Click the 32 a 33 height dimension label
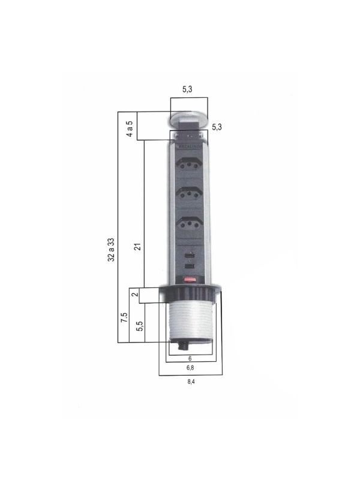[x=112, y=250]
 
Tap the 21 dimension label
[x=138, y=247]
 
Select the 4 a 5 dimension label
[x=130, y=129]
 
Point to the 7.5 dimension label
[x=124, y=317]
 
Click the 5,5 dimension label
[x=140, y=326]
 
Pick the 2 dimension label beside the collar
[x=134, y=295]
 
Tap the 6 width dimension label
[x=190, y=358]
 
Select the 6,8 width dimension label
[x=190, y=368]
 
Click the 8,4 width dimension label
[x=191, y=382]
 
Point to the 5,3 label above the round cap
[x=187, y=89]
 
